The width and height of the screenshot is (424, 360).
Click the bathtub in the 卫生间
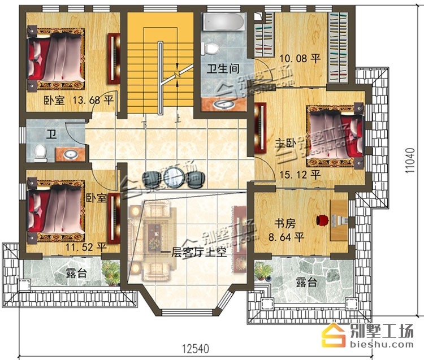click(x=224, y=21)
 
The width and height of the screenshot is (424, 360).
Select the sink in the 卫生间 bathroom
click(x=224, y=105)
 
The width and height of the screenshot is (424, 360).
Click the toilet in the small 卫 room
click(x=41, y=153)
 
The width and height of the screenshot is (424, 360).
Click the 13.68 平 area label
click(x=93, y=101)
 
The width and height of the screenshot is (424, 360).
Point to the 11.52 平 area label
click(x=85, y=247)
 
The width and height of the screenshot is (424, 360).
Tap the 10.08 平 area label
click(x=300, y=58)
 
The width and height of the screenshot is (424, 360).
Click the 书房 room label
click(x=285, y=224)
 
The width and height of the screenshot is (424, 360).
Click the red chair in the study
click(x=322, y=220)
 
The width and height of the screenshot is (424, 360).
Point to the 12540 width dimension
click(x=196, y=348)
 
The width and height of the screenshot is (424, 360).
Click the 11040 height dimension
click(x=410, y=161)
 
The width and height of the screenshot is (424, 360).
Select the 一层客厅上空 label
click(x=194, y=253)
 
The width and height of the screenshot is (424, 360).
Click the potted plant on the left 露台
click(x=111, y=272)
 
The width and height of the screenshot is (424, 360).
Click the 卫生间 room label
click(x=223, y=68)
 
